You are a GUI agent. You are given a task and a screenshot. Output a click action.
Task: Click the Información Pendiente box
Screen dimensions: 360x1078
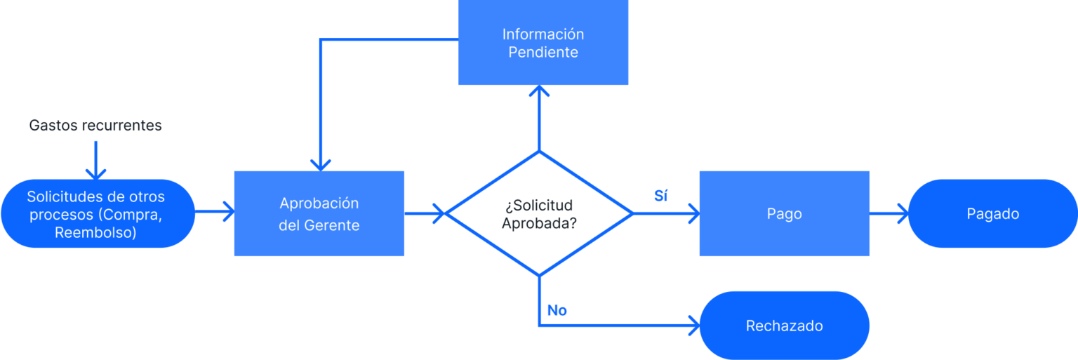point(543,43)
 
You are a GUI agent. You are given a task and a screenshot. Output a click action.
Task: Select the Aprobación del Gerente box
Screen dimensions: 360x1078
point(319,213)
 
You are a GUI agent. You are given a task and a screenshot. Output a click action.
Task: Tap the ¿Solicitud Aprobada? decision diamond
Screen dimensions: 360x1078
point(539,213)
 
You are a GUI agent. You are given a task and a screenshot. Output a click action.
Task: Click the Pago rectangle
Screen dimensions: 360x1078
point(784,213)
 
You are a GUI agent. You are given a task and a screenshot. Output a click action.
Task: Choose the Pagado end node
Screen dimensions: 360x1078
point(992,213)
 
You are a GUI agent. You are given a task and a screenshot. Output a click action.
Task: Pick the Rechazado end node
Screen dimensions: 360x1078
point(784,326)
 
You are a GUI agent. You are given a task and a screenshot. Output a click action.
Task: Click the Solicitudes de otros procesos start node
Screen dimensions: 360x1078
point(98,213)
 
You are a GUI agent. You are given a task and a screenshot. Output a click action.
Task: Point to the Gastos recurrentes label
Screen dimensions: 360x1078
point(95,126)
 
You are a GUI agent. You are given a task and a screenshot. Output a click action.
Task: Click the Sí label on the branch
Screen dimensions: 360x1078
point(660,196)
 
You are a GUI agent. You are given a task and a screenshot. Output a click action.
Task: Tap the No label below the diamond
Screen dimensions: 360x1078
point(557,310)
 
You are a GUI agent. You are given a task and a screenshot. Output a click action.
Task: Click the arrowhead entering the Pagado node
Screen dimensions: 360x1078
point(902,213)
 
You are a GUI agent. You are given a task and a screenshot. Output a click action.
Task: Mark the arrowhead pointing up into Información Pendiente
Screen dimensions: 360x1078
point(539,92)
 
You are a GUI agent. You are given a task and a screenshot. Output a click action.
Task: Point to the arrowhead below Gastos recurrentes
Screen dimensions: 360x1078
point(95,173)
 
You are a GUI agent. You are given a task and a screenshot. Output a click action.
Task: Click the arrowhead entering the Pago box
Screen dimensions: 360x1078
point(693,213)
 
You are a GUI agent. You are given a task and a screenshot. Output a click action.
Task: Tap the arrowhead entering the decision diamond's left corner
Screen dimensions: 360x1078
point(440,213)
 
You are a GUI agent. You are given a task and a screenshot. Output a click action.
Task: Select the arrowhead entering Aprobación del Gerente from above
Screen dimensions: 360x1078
point(321,164)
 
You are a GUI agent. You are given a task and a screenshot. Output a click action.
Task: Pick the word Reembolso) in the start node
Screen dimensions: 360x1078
point(95,232)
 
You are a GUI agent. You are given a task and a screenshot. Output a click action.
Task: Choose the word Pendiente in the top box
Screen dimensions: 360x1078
point(543,53)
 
